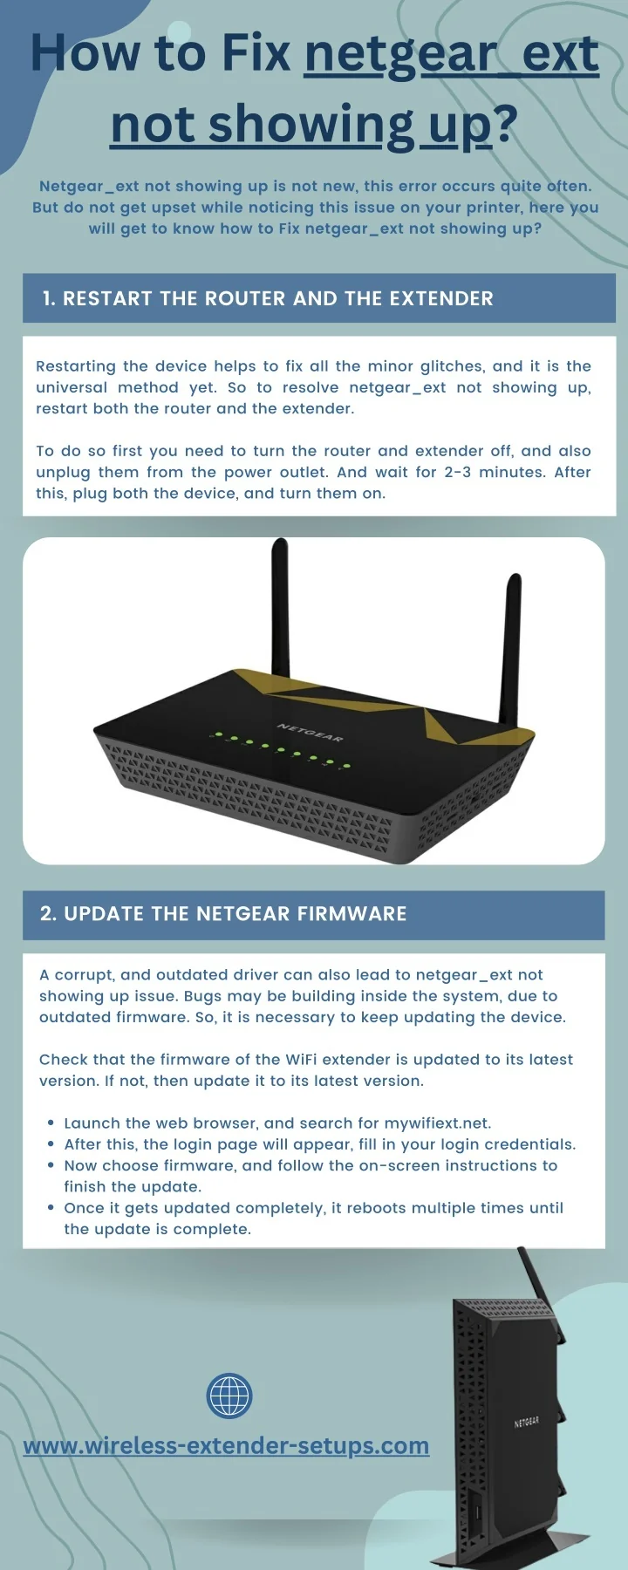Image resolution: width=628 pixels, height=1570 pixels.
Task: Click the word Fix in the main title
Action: [x=256, y=53]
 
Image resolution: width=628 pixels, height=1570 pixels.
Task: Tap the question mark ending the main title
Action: [x=506, y=124]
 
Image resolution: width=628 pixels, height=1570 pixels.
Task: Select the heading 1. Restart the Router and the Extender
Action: [x=268, y=298]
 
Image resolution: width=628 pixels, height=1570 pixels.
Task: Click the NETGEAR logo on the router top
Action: [x=310, y=732]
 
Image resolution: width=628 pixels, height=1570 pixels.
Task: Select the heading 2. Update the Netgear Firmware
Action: [x=223, y=913]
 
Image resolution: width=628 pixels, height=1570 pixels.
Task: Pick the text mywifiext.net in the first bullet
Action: [x=437, y=1123]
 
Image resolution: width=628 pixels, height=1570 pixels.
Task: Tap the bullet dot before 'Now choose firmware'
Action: [x=51, y=1166]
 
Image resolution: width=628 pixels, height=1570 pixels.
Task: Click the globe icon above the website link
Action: [x=229, y=1395]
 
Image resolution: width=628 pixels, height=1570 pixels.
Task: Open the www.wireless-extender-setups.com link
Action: [x=226, y=1446]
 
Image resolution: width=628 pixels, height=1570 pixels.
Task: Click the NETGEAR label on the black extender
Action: [x=526, y=1423]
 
